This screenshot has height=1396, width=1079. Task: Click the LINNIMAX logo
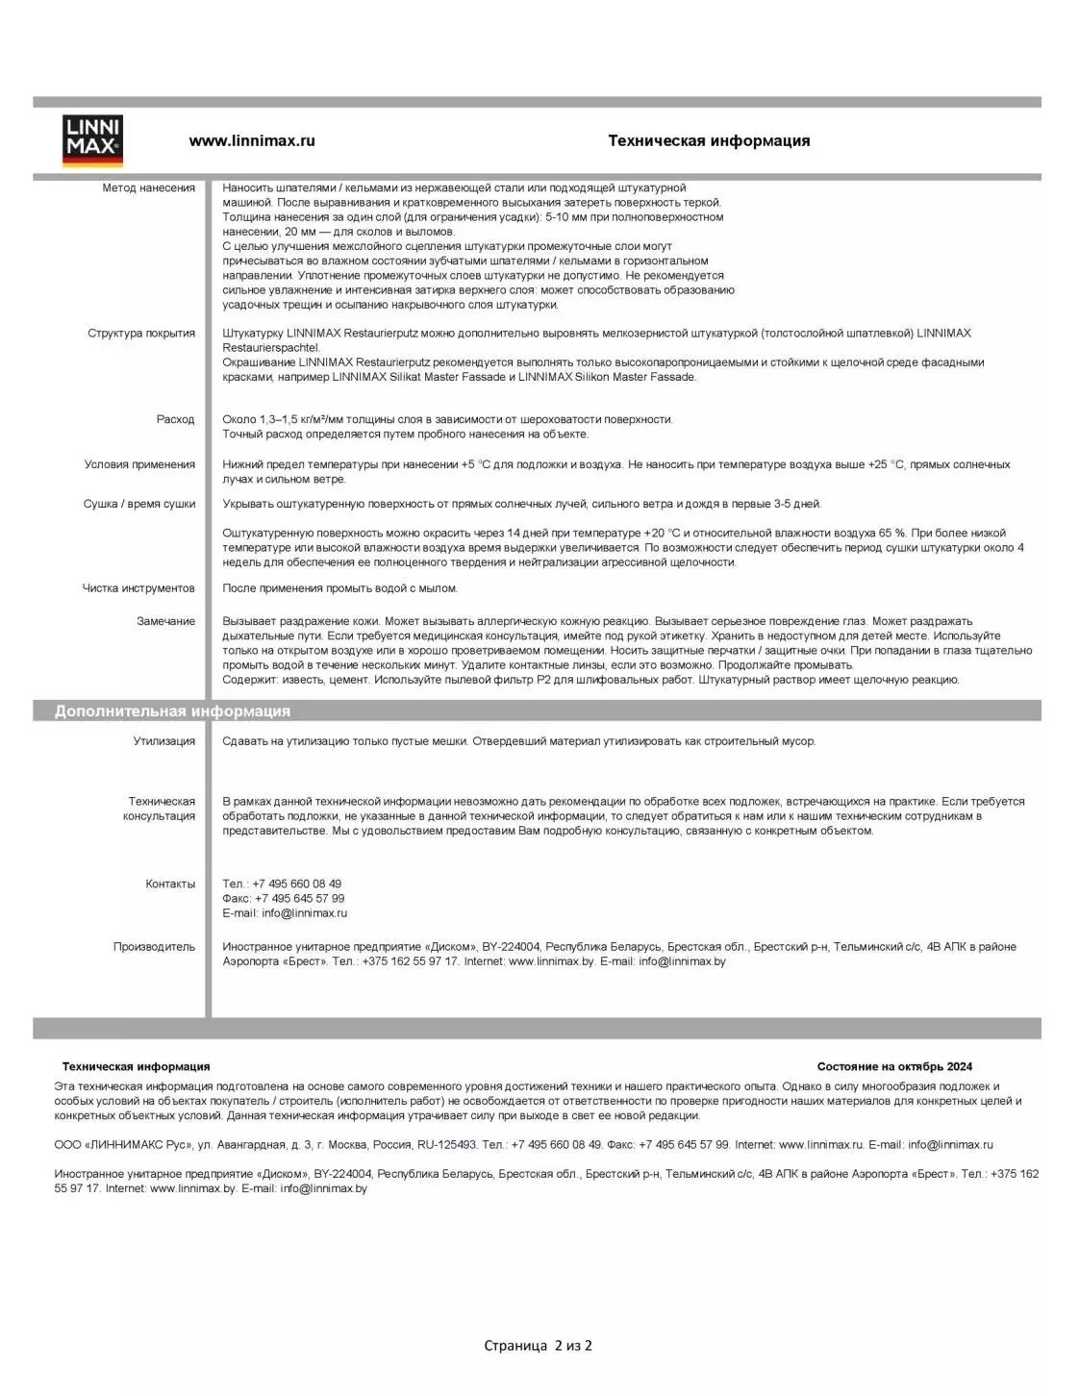(92, 140)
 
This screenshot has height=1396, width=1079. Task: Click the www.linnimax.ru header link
(252, 140)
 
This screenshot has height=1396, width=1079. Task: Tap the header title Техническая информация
(709, 140)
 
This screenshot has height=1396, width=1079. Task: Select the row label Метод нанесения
(148, 188)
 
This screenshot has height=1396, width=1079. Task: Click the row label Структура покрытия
(141, 334)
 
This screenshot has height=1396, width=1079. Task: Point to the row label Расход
(175, 419)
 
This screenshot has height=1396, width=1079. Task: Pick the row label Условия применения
(139, 464)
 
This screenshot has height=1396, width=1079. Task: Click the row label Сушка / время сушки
(138, 504)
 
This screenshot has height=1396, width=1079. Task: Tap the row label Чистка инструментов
(138, 588)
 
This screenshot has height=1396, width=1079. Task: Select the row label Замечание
(165, 621)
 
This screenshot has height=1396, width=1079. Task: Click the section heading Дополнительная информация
(172, 711)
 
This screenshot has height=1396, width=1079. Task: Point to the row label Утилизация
(163, 741)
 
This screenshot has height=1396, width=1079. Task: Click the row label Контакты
(170, 884)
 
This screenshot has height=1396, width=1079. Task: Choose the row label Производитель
(154, 947)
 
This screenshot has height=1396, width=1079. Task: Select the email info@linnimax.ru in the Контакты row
(304, 913)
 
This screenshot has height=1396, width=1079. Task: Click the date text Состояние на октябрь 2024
(894, 1066)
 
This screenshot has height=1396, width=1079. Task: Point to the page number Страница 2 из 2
(538, 1346)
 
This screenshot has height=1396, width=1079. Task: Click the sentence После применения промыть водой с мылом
(339, 588)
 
